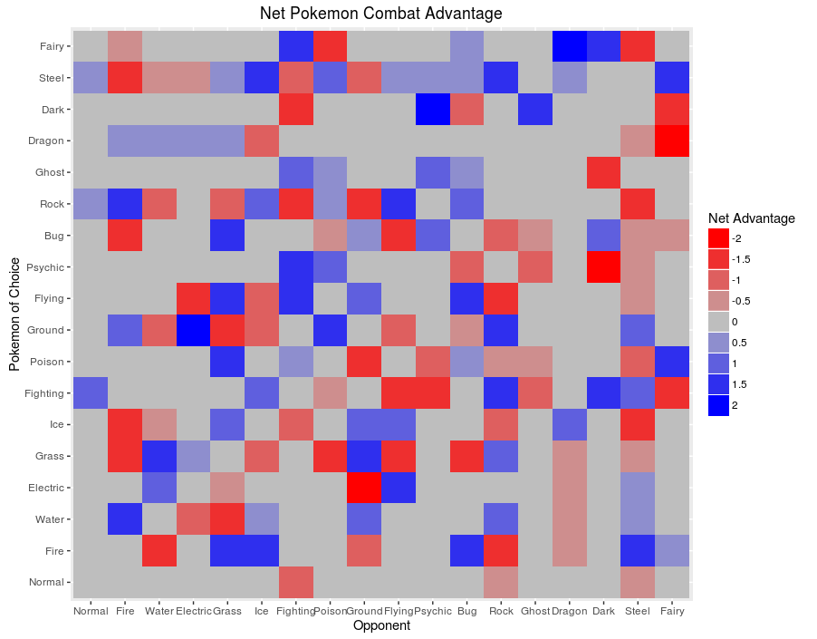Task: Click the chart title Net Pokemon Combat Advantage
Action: pos(380,14)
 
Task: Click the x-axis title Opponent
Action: pos(380,625)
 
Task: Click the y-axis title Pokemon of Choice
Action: pos(14,313)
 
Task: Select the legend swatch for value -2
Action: pos(719,238)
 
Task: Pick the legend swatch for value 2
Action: pos(719,405)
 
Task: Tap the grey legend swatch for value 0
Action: pos(719,322)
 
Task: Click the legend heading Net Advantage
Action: pos(751,218)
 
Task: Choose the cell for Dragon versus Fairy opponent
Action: pos(673,140)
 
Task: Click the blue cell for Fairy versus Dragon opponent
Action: pos(570,45)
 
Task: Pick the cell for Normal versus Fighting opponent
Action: pos(294,582)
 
